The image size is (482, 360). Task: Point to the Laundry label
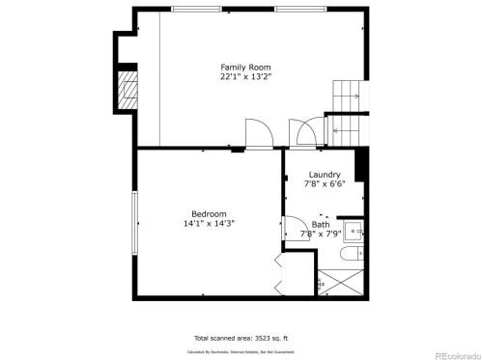tap(324, 175)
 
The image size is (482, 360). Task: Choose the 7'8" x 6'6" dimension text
tap(324, 184)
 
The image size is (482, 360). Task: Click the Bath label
tap(320, 224)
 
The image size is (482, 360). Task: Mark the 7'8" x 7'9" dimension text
tap(319, 234)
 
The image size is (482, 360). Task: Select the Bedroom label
tap(209, 213)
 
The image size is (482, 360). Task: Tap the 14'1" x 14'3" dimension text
tap(209, 223)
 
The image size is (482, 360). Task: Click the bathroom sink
tap(354, 230)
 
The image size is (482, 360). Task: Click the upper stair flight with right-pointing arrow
tap(346, 96)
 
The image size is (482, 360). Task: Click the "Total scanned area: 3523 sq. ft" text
tap(241, 338)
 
